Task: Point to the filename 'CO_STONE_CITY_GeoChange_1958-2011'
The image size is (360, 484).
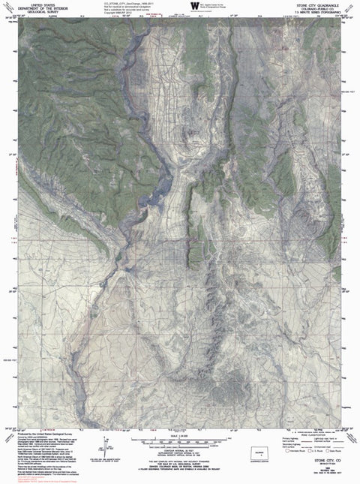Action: [x=124, y=4]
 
